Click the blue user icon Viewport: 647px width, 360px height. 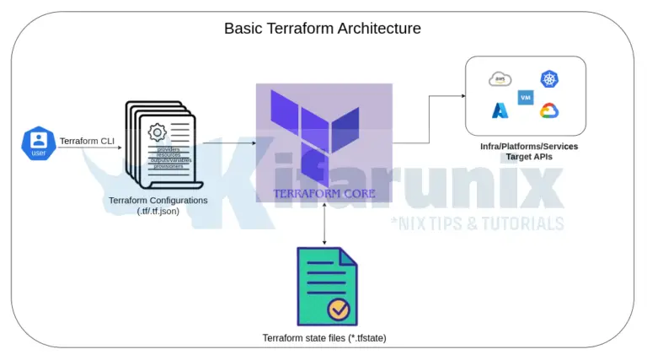tap(39, 143)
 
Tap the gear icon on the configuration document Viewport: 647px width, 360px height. tap(157, 132)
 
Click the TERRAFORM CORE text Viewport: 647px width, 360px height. tap(324, 192)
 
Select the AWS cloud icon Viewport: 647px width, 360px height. tap(500, 79)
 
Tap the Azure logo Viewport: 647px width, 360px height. tap(500, 110)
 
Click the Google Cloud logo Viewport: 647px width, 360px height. tap(550, 110)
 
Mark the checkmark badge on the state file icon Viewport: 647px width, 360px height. tap(340, 309)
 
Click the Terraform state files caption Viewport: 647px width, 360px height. tap(323, 338)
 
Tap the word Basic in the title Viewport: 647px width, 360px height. tap(241, 28)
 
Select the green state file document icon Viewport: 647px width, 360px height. tap(324, 287)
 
